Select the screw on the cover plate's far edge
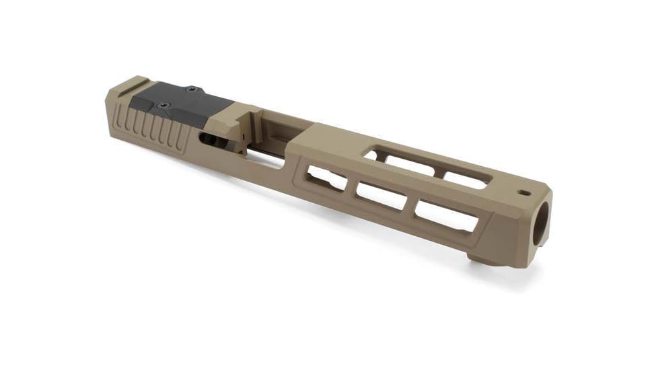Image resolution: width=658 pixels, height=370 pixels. [x=192, y=89]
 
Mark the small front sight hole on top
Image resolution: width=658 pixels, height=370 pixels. [x=522, y=192]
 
